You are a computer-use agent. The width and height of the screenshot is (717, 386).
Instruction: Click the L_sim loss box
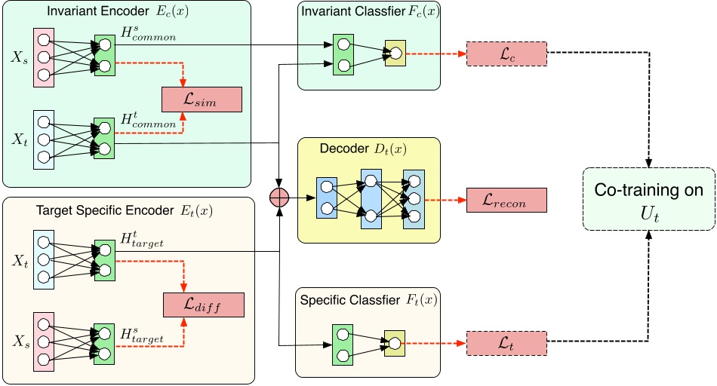pyautogui.click(x=202, y=100)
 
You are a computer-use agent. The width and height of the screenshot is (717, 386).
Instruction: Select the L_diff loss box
pyautogui.click(x=204, y=305)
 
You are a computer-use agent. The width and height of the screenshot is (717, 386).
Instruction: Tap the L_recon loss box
pyautogui.click(x=506, y=201)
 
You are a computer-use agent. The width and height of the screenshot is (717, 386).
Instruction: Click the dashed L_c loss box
pyautogui.click(x=506, y=54)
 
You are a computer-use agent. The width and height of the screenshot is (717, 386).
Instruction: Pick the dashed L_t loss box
pyautogui.click(x=506, y=343)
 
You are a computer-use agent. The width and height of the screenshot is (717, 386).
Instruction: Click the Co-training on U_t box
pyautogui.click(x=647, y=199)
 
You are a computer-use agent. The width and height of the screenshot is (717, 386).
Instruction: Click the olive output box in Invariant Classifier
pyautogui.click(x=395, y=54)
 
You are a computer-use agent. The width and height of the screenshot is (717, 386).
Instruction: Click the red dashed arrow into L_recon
pyautogui.click(x=446, y=201)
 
